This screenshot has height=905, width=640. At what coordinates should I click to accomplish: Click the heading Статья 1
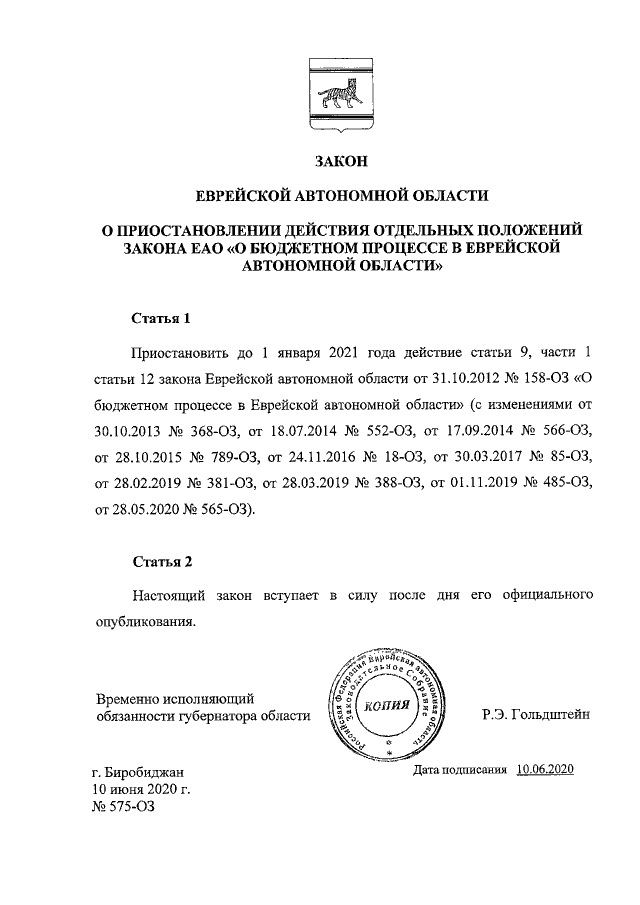(161, 320)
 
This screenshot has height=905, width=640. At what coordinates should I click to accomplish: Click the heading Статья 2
(161, 561)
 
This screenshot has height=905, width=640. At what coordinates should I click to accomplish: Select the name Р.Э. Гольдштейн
(536, 714)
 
